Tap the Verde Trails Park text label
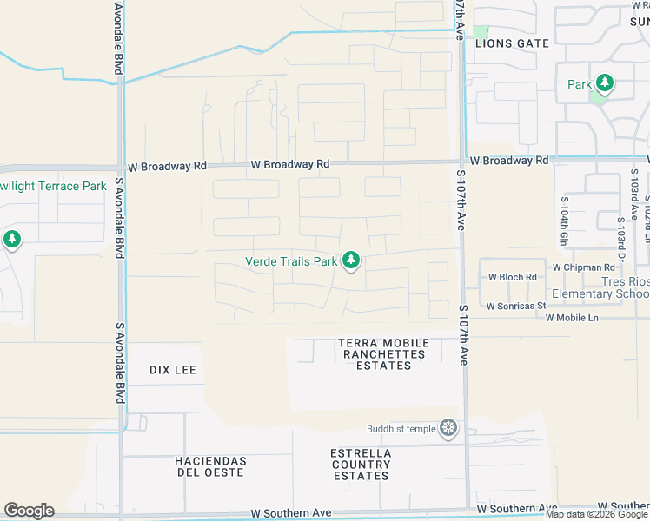click(290, 261)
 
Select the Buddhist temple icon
click(448, 427)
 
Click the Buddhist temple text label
click(401, 428)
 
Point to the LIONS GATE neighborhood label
click(512, 43)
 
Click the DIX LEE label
click(173, 370)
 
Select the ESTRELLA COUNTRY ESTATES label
click(361, 465)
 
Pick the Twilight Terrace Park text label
click(53, 186)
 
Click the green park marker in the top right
click(604, 83)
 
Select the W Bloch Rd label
click(512, 278)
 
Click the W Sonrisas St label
click(515, 306)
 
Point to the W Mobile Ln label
click(572, 318)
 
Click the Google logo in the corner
click(29, 511)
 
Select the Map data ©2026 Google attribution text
click(596, 514)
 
